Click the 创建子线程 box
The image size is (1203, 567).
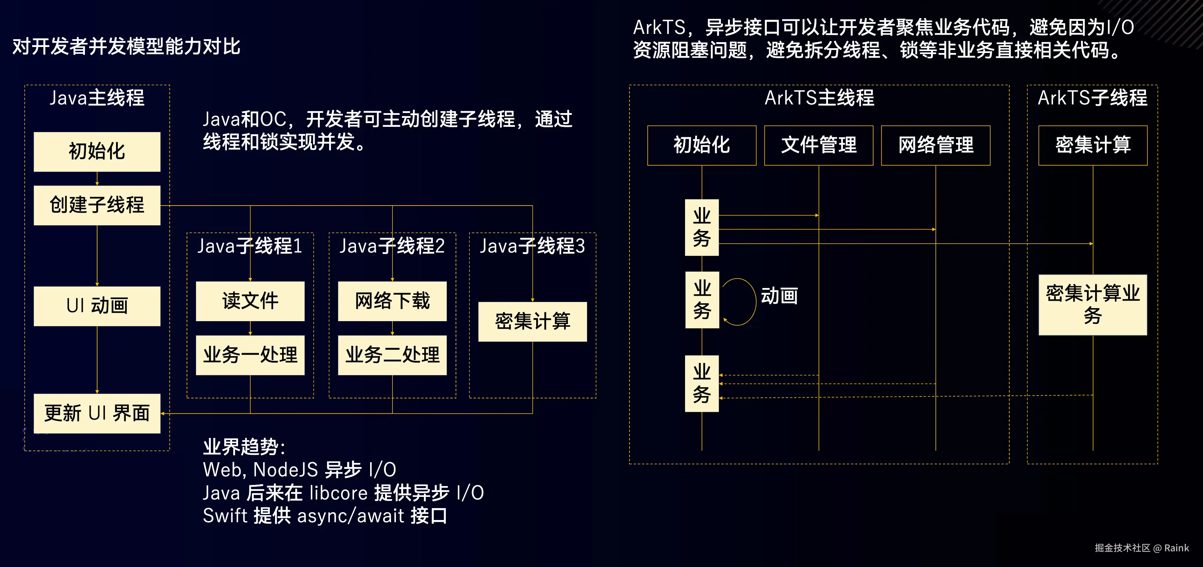[x=97, y=206]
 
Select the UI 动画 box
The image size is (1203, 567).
[x=97, y=306]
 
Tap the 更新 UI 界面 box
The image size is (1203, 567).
[x=97, y=413]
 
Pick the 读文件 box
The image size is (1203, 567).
[x=250, y=301]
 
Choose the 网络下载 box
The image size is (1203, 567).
[x=392, y=301]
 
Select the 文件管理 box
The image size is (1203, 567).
[x=818, y=145]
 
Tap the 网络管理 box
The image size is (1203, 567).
[x=935, y=145]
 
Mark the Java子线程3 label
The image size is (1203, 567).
[x=532, y=246]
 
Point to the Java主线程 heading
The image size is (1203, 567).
[x=97, y=98]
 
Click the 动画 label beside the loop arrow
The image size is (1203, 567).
[x=779, y=296]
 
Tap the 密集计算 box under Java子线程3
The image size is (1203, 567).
[x=532, y=321]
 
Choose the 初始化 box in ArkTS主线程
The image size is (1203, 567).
[x=702, y=145]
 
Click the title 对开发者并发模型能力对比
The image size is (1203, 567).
[x=126, y=47]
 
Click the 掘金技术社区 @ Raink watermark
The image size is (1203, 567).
[x=1141, y=548]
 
